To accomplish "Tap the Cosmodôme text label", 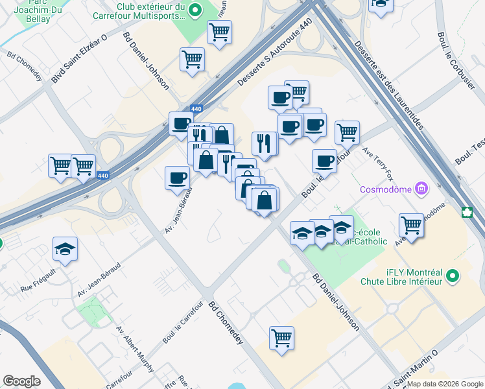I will (388, 190).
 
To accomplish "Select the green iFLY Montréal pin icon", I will (453, 276).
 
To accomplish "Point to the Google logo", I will (21, 381).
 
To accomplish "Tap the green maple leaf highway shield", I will (466, 212).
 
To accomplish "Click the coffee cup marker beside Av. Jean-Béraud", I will (177, 178).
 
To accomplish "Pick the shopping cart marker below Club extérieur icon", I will (220, 31).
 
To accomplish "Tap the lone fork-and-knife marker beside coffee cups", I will (265, 143).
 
